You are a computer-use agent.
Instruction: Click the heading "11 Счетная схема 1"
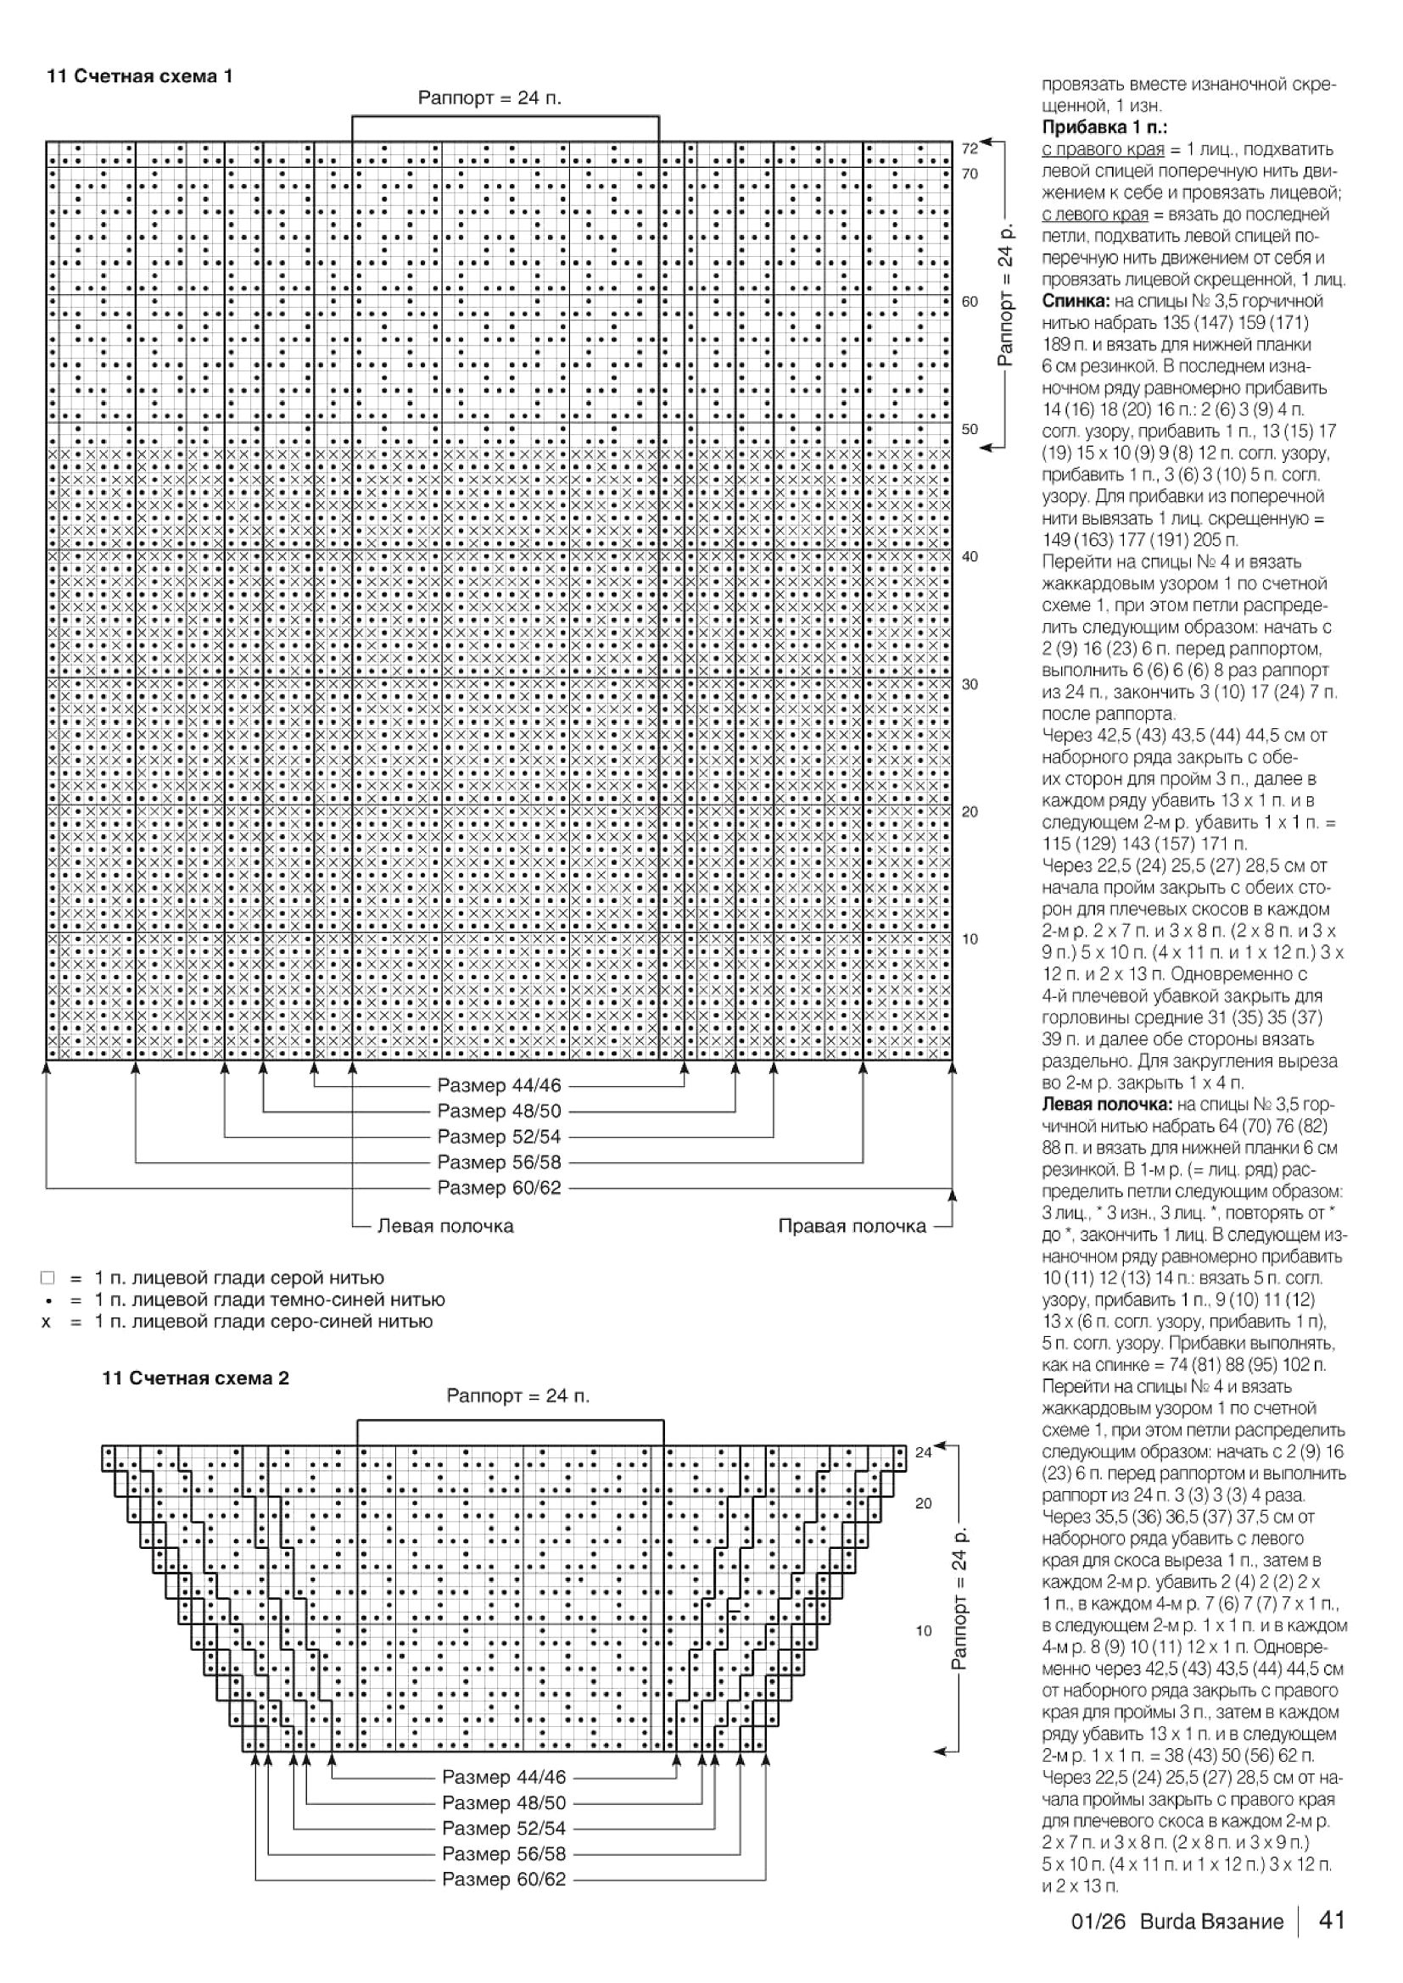139,76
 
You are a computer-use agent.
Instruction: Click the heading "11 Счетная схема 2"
196,1378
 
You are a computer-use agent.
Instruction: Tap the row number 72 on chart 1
970,148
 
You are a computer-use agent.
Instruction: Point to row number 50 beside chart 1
970,429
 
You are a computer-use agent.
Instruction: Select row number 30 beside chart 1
970,684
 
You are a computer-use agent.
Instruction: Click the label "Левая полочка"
445,1226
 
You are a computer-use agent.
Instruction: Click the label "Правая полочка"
852,1226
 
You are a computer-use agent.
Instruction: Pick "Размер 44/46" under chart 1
499,1085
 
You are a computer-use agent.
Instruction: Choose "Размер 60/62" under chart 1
499,1188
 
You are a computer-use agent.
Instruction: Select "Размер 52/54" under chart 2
504,1828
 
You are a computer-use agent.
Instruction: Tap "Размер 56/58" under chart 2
504,1853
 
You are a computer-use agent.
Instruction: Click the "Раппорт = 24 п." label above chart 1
489,97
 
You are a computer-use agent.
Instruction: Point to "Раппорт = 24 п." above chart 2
517,1395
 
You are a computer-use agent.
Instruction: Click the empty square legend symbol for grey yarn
48,1278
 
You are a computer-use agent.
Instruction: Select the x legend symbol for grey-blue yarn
47,1322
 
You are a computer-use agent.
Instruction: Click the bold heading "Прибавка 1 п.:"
1104,128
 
